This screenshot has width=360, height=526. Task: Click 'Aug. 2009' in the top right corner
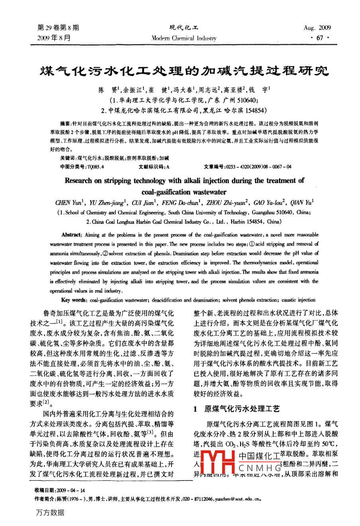coord(317,28)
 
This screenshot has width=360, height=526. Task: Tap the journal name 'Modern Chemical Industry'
coord(184,39)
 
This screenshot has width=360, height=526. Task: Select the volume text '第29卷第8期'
coord(58,28)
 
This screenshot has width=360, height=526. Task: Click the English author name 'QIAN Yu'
coord(302,203)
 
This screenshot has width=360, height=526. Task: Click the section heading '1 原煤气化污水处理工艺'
coord(236,408)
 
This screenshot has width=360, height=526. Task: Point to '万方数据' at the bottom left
coord(50,512)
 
